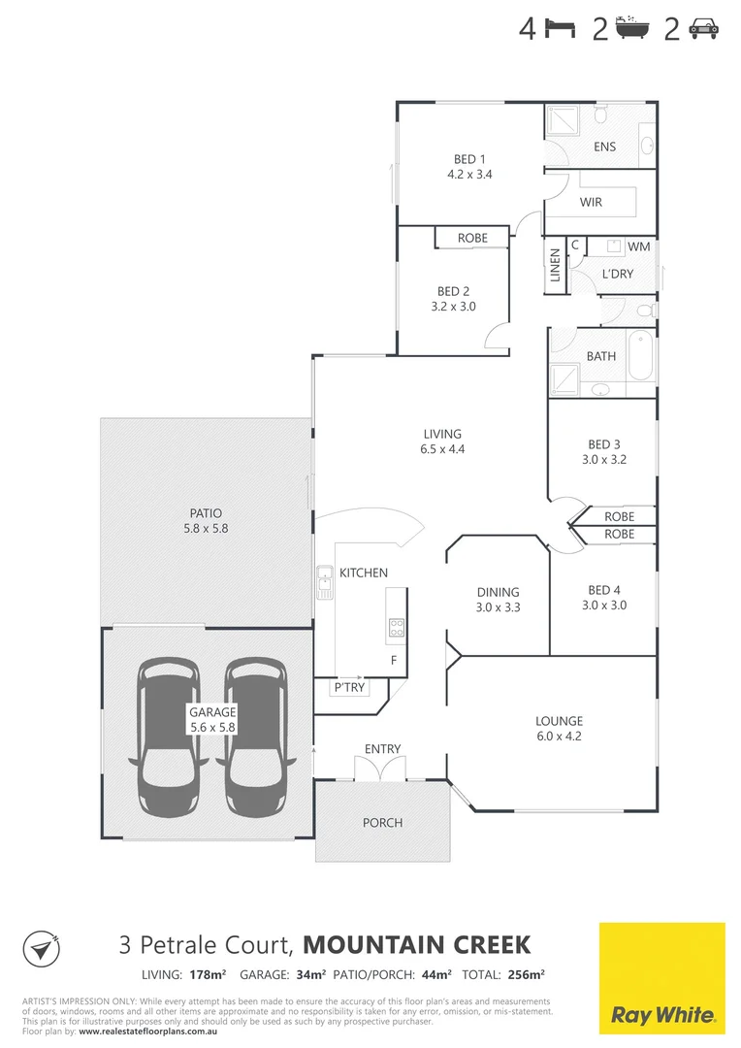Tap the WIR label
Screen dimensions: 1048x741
coord(591,203)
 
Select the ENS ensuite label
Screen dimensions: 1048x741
coord(604,147)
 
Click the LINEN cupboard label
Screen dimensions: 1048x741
coord(556,265)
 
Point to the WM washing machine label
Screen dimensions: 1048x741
coord(638,247)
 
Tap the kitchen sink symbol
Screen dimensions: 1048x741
coord(324,581)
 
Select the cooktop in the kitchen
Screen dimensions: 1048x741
coord(396,628)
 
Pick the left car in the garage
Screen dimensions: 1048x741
coord(169,737)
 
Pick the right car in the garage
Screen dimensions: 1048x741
coord(255,737)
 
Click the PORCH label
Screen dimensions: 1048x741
coord(382,823)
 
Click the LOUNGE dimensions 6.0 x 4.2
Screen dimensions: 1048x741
coord(559,737)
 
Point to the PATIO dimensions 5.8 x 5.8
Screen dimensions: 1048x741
coord(205,529)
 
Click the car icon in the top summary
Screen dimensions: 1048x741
coord(703,29)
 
